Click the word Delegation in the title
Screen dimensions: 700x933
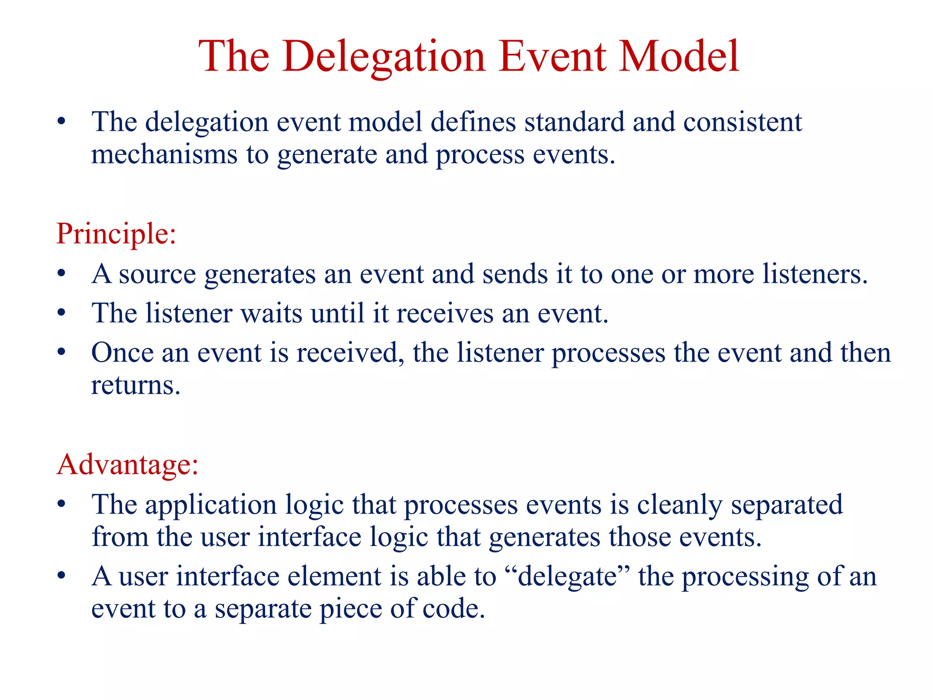coord(384,57)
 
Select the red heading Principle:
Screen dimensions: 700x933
coord(116,234)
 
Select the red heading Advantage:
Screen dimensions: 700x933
coord(128,465)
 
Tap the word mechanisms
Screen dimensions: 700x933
coord(164,155)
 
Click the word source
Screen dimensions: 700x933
coord(157,275)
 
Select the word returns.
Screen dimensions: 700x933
coord(136,386)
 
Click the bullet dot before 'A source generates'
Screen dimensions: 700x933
coord(62,274)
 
